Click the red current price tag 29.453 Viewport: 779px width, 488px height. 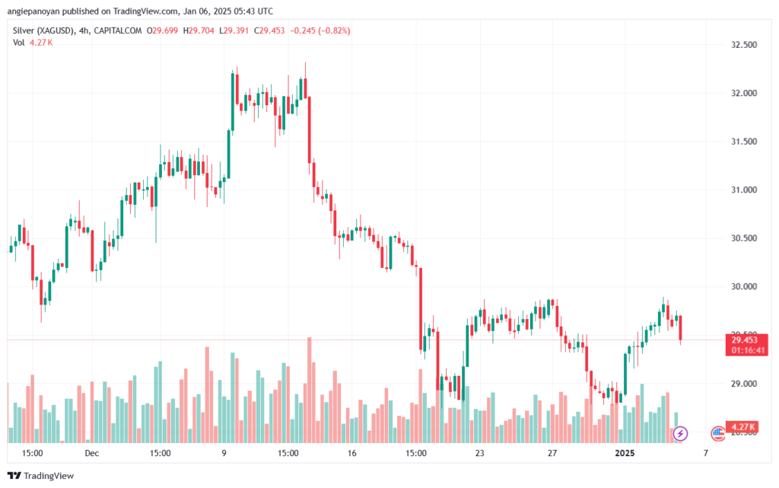750,340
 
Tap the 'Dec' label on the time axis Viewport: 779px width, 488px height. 92,453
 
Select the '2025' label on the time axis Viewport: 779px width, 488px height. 625,453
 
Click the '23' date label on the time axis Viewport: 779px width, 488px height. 479,453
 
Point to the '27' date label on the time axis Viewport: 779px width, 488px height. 552,453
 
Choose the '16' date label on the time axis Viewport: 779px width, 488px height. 351,453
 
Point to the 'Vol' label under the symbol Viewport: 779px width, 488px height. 19,43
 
